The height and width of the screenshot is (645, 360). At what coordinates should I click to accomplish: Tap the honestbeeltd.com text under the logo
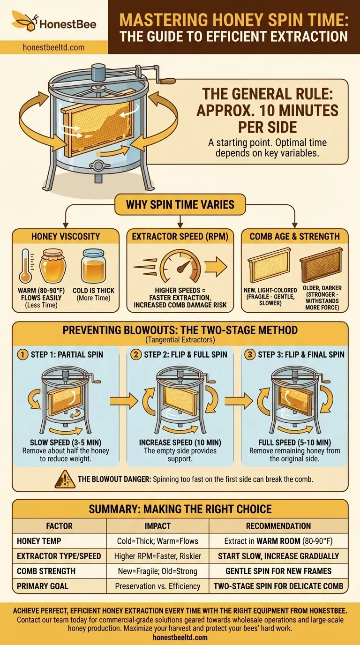[53, 47]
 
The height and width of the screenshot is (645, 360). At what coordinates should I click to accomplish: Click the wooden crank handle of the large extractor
[167, 81]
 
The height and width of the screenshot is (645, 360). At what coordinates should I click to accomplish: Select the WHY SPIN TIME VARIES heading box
[180, 204]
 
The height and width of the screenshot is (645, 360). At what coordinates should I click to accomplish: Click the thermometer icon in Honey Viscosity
[25, 265]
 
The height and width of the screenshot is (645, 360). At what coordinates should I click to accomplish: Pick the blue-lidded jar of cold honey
[93, 266]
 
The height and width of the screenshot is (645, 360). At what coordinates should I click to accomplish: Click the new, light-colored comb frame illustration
[270, 265]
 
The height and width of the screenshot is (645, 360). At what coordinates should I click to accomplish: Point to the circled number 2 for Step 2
[136, 354]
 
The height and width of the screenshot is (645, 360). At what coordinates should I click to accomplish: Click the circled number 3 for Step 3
[250, 354]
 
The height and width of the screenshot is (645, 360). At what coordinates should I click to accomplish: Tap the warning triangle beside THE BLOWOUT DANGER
[65, 479]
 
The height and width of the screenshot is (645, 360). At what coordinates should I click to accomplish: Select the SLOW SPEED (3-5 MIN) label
[66, 442]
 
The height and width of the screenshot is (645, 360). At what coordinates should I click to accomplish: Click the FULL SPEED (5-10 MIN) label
[295, 442]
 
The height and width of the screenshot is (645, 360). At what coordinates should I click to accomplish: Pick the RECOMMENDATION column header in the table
[278, 526]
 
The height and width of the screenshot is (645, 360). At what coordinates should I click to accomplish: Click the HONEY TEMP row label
[39, 541]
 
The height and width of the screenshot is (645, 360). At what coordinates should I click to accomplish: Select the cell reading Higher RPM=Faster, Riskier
[157, 556]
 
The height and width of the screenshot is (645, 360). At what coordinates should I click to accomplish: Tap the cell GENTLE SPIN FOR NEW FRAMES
[278, 571]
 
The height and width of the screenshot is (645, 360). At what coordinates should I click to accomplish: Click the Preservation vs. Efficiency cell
[157, 586]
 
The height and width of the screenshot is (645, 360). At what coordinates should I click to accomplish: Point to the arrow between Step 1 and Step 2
[124, 400]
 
